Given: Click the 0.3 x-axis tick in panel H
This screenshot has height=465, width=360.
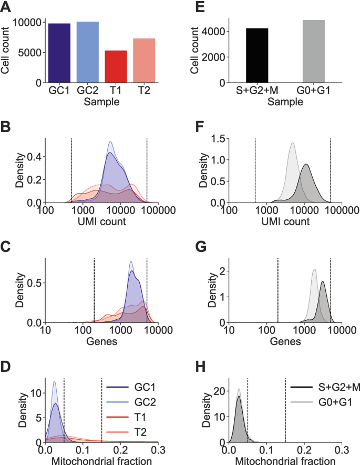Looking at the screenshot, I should coord(342,451).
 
